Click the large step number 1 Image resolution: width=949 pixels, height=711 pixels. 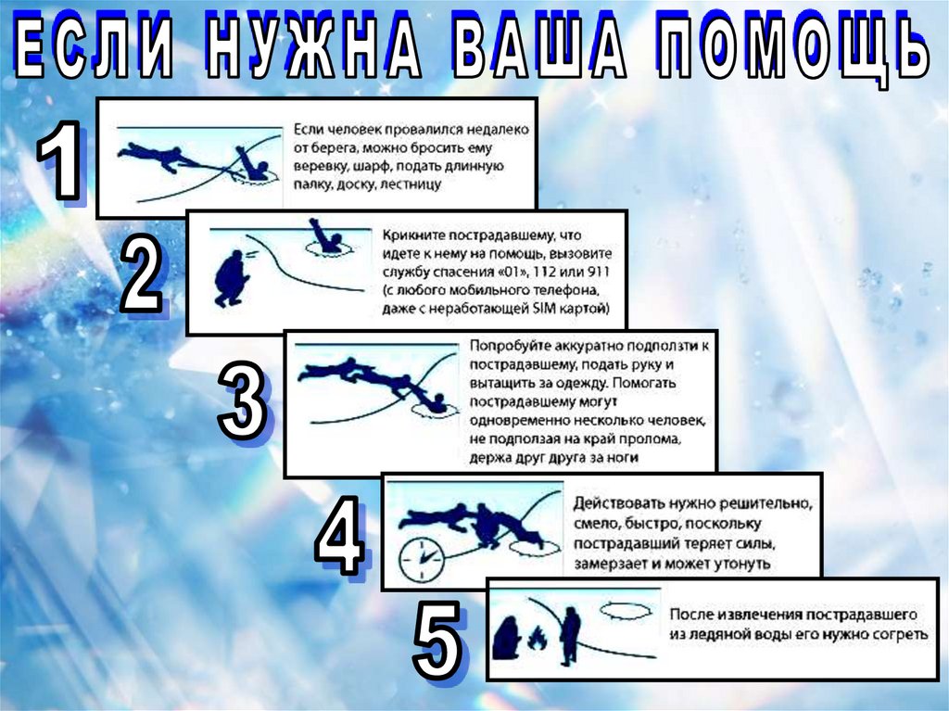(59, 159)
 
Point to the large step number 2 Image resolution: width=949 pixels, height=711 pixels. (142, 273)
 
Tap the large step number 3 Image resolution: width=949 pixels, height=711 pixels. (241, 400)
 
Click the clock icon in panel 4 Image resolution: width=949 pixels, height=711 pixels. (422, 559)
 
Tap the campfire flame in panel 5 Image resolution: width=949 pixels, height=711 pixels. (537, 639)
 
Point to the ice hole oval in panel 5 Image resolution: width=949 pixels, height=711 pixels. (626, 611)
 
